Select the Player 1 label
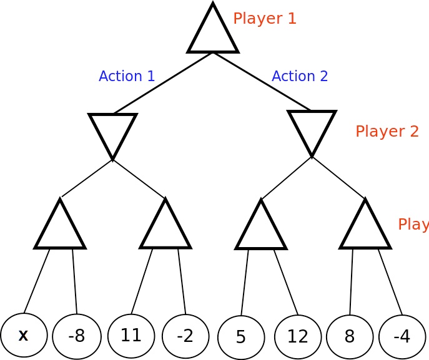[x=264, y=19]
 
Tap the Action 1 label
[x=127, y=76]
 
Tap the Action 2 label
[x=300, y=76]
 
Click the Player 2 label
[x=387, y=131]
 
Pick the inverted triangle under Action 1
[x=112, y=132]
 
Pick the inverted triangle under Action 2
[x=312, y=129]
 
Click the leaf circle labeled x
[x=24, y=335]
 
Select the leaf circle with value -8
[x=76, y=336]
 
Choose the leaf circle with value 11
[x=131, y=336]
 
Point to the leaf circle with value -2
[x=185, y=336]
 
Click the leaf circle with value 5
[x=241, y=337]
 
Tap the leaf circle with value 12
[x=298, y=336]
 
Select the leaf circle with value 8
[x=350, y=336]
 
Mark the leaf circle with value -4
[x=402, y=336]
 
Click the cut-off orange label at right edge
[x=413, y=225]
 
